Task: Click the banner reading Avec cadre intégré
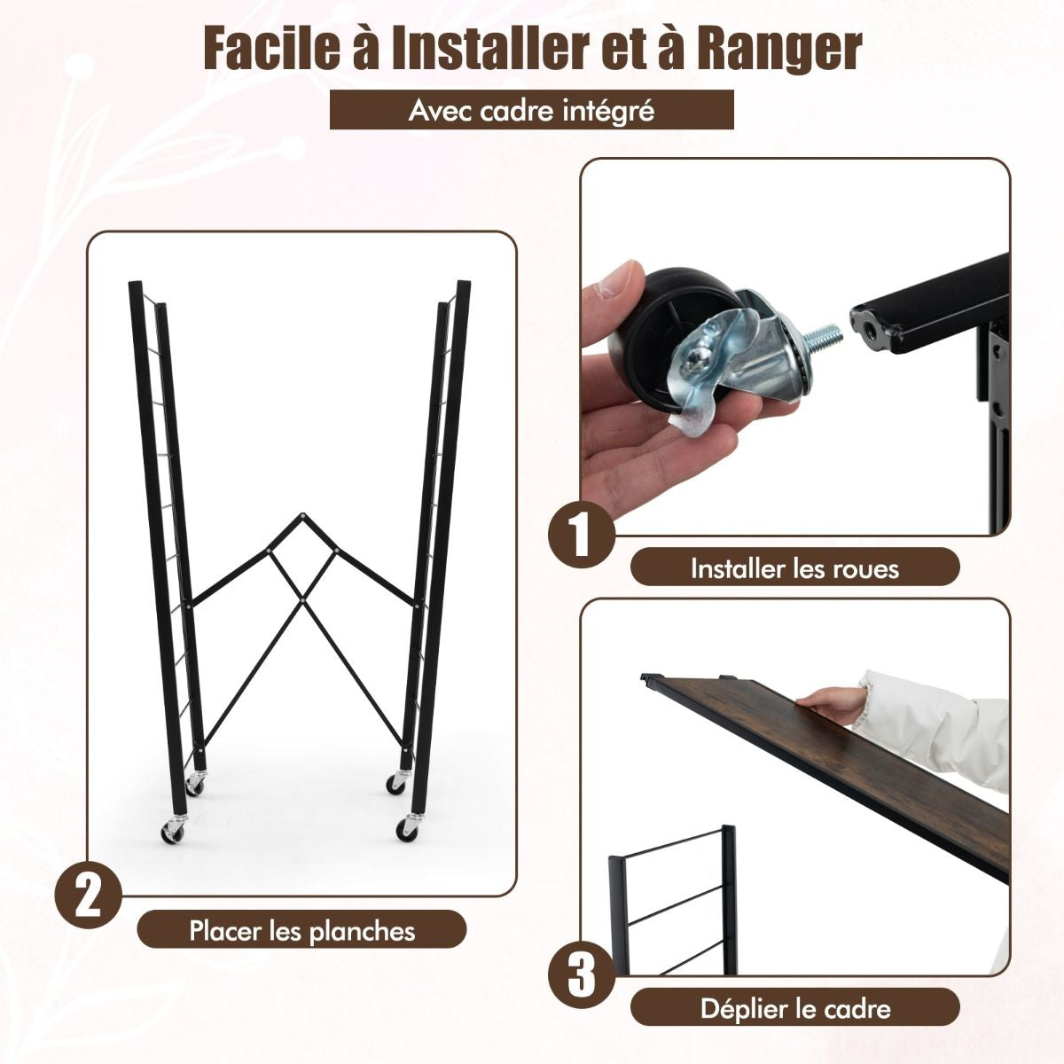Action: click(532, 110)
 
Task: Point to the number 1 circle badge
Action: click(582, 534)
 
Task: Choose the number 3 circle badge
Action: click(582, 975)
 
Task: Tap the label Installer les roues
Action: click(795, 568)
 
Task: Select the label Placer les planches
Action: click(301, 932)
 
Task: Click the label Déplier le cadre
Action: click(795, 1009)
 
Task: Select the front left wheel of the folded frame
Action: click(173, 842)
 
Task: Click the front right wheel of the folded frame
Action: click(407, 842)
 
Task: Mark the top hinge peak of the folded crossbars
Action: click(302, 516)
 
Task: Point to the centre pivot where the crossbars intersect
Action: click(303, 597)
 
